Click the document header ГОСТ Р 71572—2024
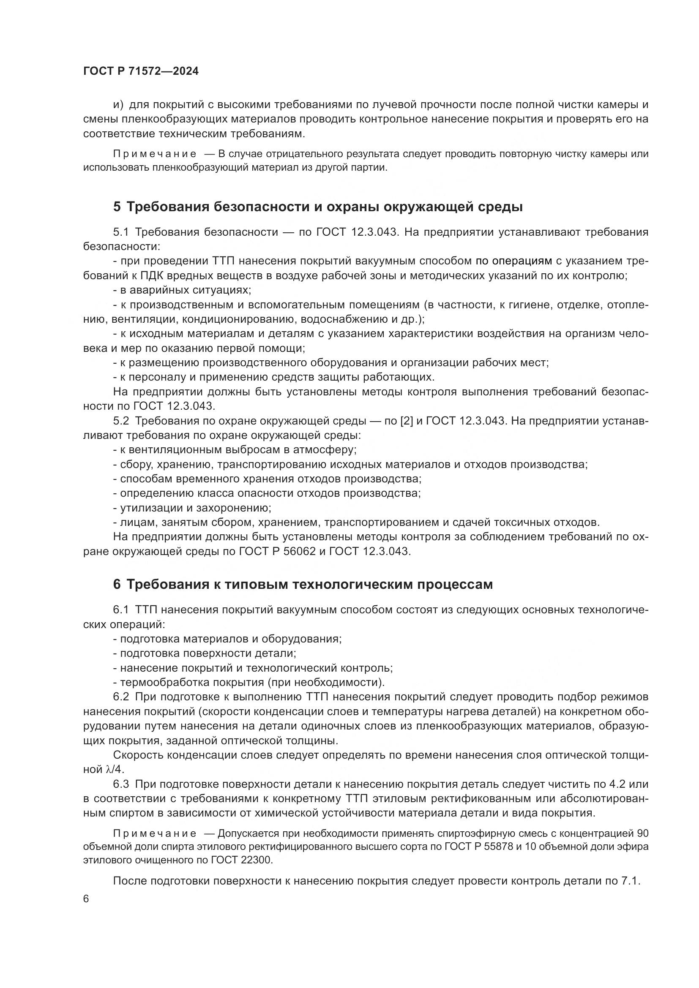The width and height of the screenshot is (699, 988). tap(141, 71)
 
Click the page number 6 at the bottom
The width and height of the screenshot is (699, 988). tap(86, 899)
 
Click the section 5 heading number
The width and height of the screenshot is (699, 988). tap(117, 207)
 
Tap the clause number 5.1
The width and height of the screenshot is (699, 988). tap(121, 232)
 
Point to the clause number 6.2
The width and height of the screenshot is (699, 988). tap(121, 697)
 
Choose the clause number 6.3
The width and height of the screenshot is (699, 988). tap(121, 784)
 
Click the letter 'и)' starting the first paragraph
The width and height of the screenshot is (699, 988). tap(118, 105)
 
